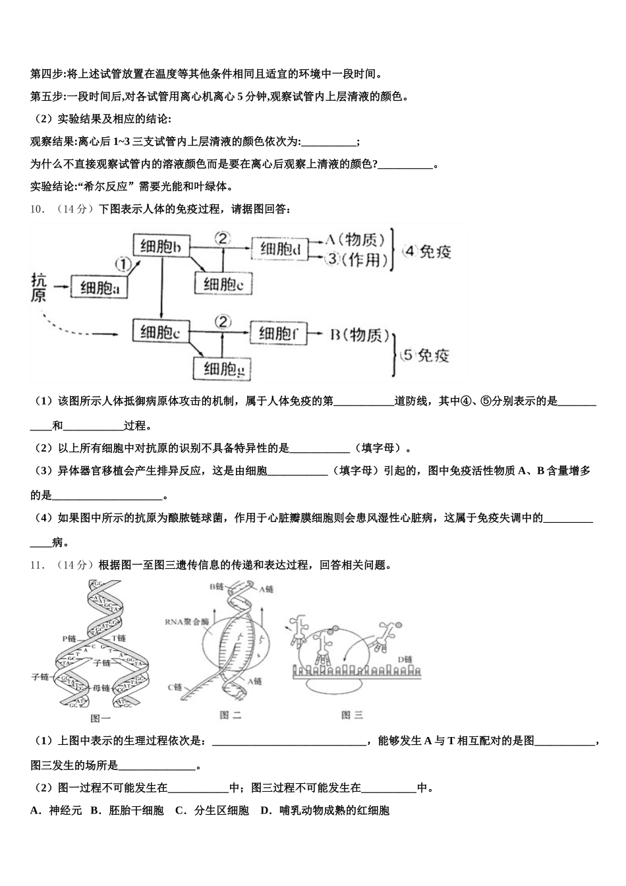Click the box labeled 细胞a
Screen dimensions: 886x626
point(99,287)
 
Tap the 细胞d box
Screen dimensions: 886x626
point(280,249)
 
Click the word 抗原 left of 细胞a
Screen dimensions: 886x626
point(40,287)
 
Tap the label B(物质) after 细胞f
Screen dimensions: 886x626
point(359,335)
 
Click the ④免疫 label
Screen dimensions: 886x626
point(427,251)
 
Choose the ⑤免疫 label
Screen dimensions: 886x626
point(425,355)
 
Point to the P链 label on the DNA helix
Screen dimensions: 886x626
point(70,638)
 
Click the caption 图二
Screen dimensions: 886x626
point(230,715)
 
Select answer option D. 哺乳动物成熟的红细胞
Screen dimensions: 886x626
point(325,810)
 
